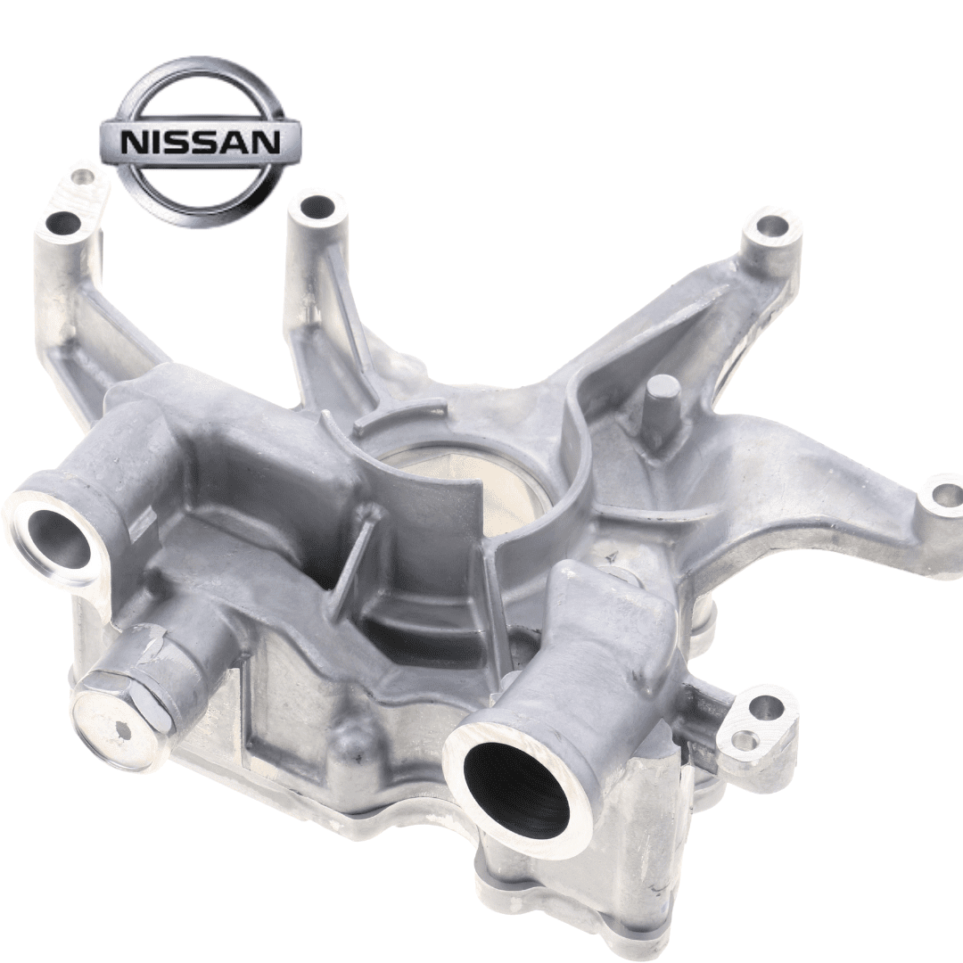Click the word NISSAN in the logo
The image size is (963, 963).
201,143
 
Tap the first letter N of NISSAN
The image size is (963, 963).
133,143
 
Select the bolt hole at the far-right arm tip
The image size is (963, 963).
942,494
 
